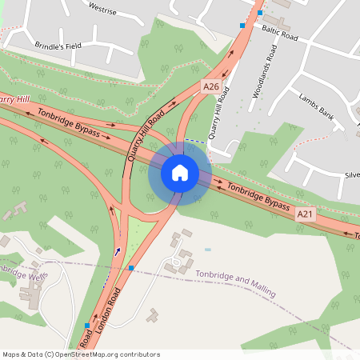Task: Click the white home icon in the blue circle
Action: click(x=180, y=172)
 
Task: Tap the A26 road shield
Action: click(x=210, y=86)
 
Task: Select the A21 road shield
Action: click(x=305, y=214)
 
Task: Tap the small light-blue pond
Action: click(x=208, y=249)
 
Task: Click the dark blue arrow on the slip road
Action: click(x=118, y=251)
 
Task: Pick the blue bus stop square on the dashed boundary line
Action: click(x=131, y=268)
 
